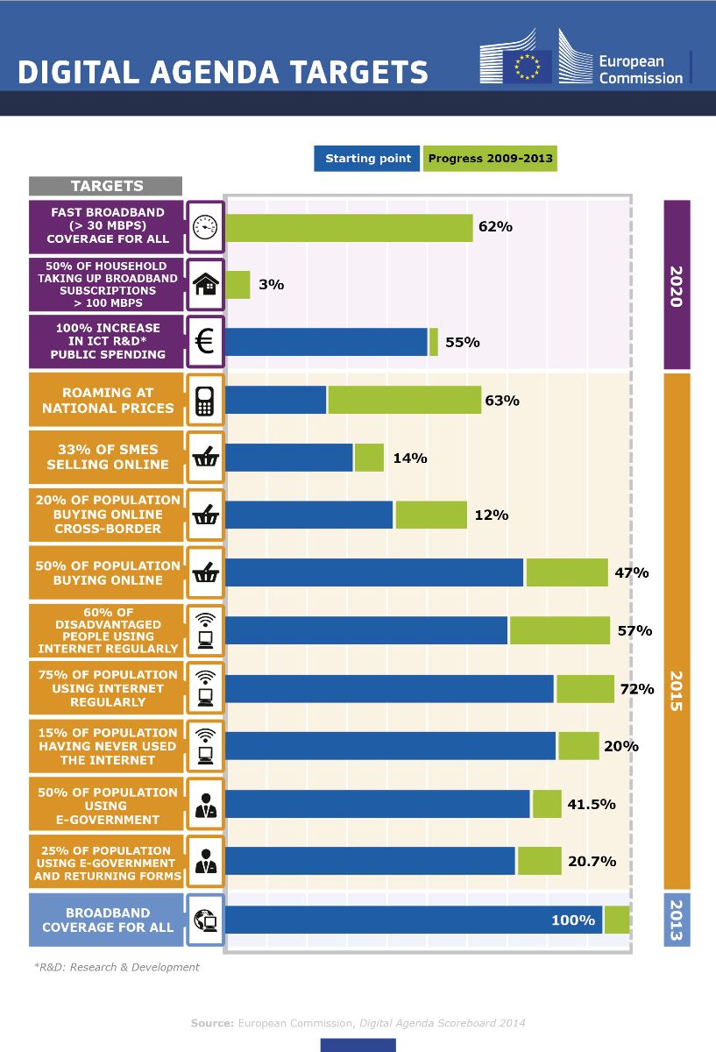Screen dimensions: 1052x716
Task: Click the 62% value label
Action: point(495,227)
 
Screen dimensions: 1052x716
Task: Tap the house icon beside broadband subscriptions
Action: point(205,284)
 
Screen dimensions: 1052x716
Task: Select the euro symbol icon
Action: point(205,342)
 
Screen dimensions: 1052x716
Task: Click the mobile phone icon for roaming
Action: point(205,400)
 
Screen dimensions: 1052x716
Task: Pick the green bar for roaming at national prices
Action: point(404,400)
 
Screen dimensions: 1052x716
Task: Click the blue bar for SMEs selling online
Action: point(289,458)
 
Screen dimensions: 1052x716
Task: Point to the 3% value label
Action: point(271,285)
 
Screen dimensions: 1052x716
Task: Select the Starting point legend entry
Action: point(367,159)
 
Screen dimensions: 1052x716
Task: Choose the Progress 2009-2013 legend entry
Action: point(490,159)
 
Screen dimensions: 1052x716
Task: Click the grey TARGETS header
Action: point(106,186)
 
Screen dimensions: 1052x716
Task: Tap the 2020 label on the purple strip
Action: point(677,286)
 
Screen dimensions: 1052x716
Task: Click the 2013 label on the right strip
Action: point(677,920)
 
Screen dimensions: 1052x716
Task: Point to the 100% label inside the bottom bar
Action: point(573,920)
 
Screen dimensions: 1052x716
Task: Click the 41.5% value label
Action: point(592,804)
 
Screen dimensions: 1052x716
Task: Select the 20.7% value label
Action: point(592,862)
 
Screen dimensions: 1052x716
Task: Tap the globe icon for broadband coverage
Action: point(205,920)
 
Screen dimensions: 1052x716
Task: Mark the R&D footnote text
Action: point(117,967)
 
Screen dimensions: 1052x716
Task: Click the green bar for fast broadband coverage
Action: point(349,227)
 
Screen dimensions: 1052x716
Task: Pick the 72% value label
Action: point(637,689)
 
